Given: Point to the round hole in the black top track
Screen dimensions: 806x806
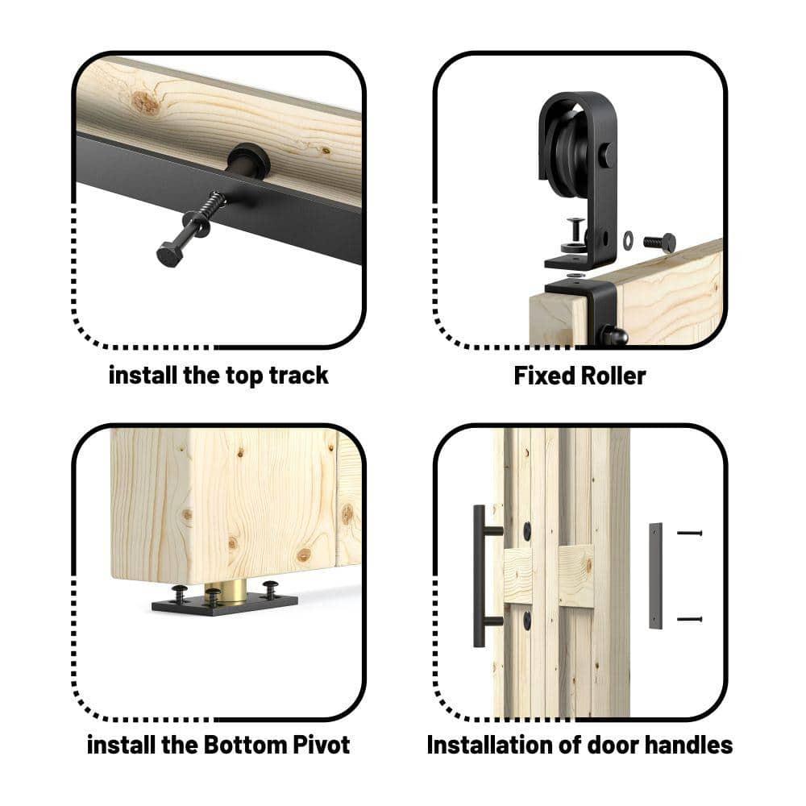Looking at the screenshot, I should click(248, 159).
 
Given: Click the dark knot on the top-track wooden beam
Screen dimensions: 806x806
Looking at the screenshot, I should click(146, 102).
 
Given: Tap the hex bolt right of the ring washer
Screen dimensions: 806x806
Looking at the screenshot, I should click(659, 242).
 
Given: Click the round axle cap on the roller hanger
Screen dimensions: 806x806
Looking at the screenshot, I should click(605, 154).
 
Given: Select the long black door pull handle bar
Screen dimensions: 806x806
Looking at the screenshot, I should click(479, 575).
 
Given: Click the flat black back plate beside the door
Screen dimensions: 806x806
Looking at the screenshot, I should click(655, 575).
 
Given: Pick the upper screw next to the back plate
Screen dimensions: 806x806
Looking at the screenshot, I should click(689, 533).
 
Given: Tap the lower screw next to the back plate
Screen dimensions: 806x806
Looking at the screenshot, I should click(689, 619).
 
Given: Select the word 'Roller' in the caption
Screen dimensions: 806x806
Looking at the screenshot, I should click(613, 376).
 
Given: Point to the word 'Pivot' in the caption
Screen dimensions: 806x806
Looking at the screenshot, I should click(322, 745).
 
